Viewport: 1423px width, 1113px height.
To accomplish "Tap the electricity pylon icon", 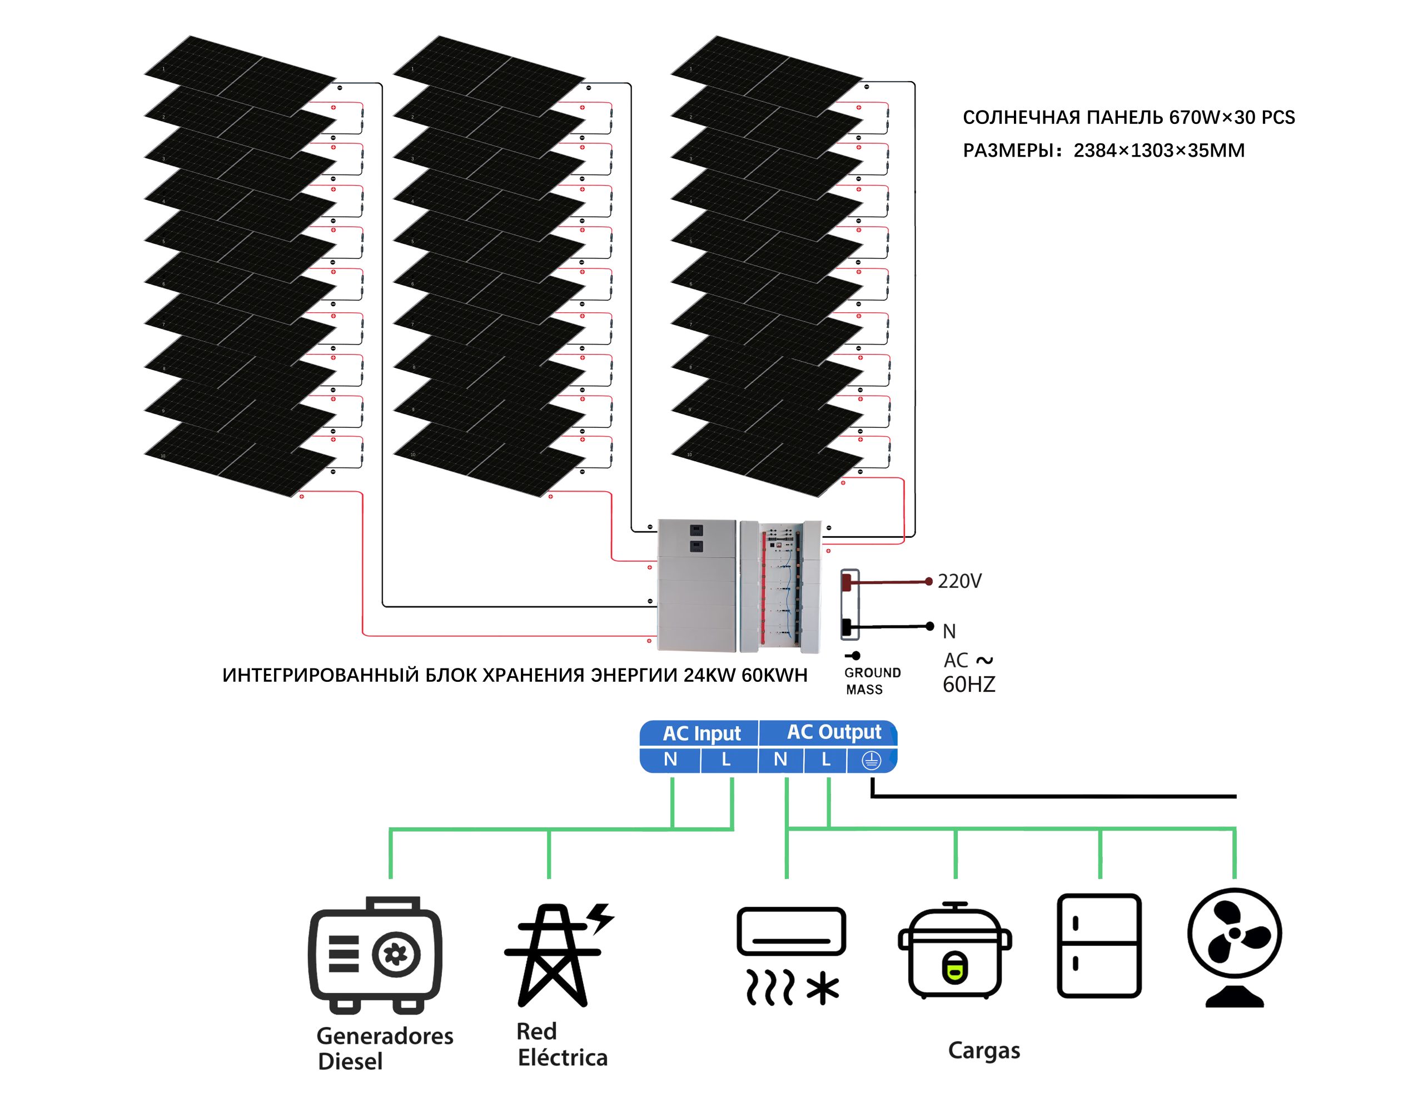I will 555,955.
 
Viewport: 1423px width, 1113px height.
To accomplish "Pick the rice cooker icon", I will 954,951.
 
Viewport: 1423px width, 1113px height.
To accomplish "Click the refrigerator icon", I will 1099,946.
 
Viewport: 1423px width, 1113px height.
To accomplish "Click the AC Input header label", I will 701,733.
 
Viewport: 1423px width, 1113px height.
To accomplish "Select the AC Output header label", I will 834,732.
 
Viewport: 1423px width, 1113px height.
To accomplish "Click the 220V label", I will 959,581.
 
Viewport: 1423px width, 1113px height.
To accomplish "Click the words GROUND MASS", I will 872,681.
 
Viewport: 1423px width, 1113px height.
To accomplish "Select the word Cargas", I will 984,1050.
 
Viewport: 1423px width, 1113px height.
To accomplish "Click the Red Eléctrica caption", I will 561,1045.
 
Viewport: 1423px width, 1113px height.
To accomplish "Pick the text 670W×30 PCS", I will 1231,118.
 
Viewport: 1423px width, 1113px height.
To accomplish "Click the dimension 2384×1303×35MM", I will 1159,151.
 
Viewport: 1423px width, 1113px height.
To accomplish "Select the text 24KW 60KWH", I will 745,675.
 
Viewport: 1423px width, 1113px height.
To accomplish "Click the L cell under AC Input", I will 726,760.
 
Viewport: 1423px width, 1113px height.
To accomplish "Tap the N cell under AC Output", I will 780,760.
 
